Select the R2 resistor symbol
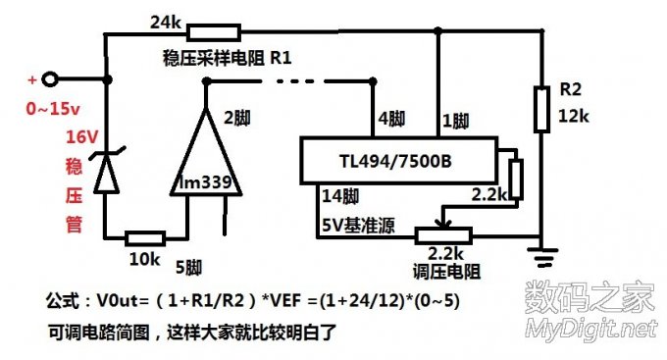point(541,109)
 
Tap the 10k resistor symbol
point(143,237)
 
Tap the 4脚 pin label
point(390,121)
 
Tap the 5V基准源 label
point(356,222)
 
